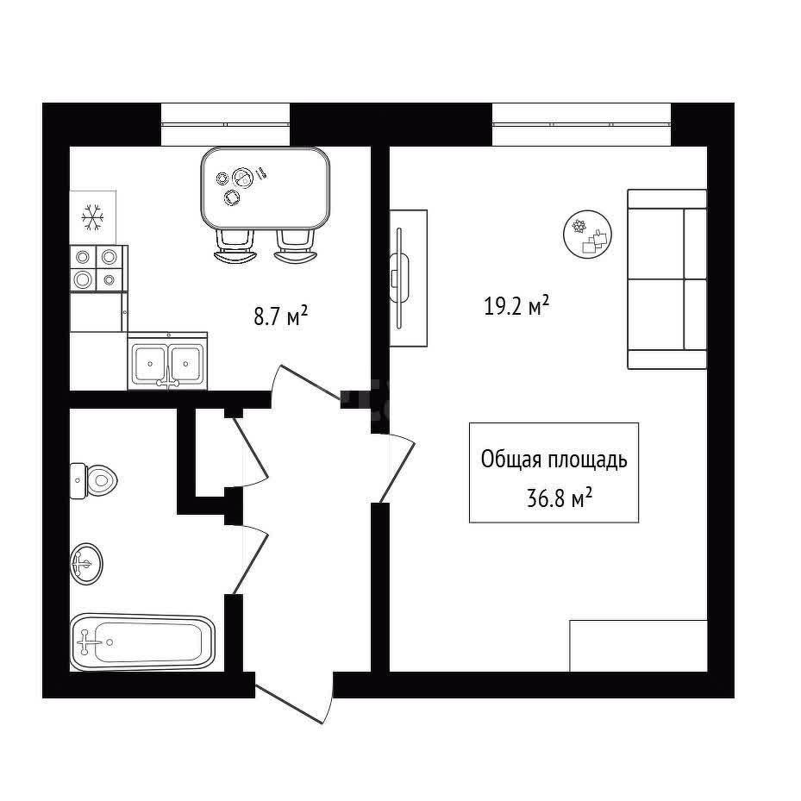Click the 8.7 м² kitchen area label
[x=280, y=316]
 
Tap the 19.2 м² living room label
[x=516, y=306]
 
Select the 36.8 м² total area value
[x=560, y=497]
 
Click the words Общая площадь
[x=554, y=460]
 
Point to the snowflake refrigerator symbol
[x=92, y=217]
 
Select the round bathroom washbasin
[x=86, y=564]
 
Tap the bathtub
[x=142, y=642]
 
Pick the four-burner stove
[x=97, y=268]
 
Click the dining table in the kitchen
[x=265, y=188]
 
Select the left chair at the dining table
[x=235, y=246]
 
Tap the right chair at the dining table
[x=296, y=246]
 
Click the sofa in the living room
[x=667, y=278]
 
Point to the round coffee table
[x=587, y=235]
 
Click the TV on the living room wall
[x=398, y=278]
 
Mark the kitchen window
[x=225, y=124]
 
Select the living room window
[x=581, y=124]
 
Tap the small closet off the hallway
[x=210, y=452]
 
